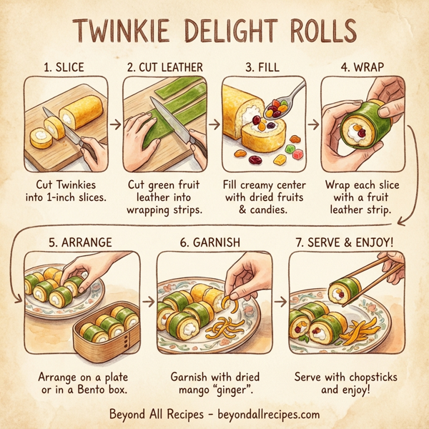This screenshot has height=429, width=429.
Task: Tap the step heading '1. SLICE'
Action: pyautogui.click(x=64, y=67)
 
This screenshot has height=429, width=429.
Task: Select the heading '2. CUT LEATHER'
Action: pyautogui.click(x=165, y=67)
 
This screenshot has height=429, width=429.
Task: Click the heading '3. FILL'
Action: pyautogui.click(x=262, y=67)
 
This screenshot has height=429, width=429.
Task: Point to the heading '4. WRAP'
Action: pyautogui.click(x=362, y=67)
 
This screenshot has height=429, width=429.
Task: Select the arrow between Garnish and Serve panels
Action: pyautogui.click(x=282, y=301)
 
